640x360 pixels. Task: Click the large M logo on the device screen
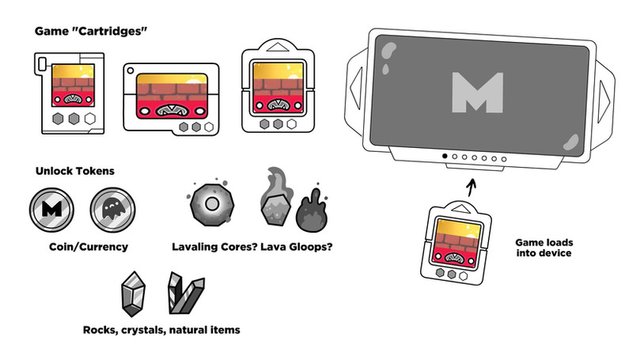click(x=478, y=93)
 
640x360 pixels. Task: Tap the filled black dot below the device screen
click(x=445, y=156)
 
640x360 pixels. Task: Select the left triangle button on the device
click(x=356, y=88)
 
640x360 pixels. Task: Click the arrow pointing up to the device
click(x=471, y=188)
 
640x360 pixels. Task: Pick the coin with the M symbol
click(x=52, y=210)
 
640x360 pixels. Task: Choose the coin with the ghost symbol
click(x=112, y=210)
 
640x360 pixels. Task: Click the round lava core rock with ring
click(x=212, y=203)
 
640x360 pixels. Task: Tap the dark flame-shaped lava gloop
click(x=312, y=210)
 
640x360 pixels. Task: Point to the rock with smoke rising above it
click(x=276, y=197)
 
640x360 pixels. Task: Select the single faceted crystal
click(x=134, y=294)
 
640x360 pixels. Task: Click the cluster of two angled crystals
click(x=186, y=293)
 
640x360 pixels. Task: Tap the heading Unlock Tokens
click(x=75, y=171)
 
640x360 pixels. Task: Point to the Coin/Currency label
click(x=89, y=247)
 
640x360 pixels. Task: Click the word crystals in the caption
click(x=143, y=330)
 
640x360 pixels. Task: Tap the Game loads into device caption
click(x=543, y=248)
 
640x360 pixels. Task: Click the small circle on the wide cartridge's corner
click(x=131, y=70)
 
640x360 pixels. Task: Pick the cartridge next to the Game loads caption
click(x=456, y=242)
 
